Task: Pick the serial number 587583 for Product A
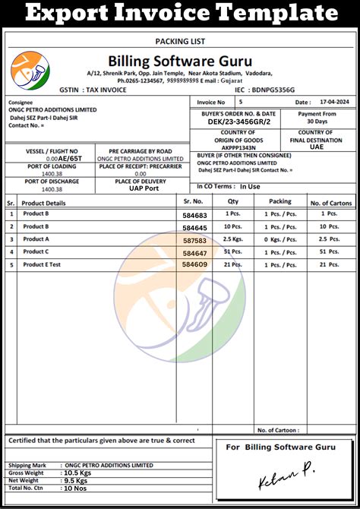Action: coord(194,240)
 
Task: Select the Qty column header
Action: coord(233,201)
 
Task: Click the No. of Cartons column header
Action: coord(330,202)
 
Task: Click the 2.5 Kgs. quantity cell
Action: coord(232,239)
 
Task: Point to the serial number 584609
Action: coord(194,264)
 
